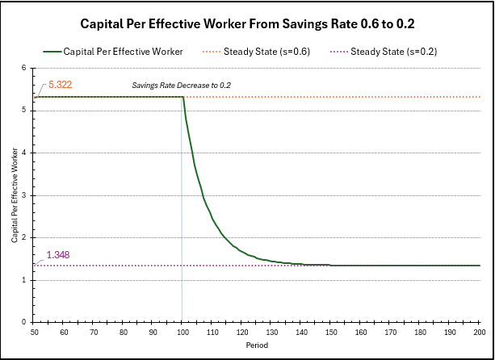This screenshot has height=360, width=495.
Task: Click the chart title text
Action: pos(246,23)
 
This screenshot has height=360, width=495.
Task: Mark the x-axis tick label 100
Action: pos(183,332)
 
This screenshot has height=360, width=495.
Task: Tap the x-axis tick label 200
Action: pos(478,332)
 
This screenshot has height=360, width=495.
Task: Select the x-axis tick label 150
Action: pos(330,332)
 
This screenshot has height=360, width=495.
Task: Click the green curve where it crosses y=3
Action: pos(202,195)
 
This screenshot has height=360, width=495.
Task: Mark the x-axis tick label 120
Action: pos(242,332)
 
